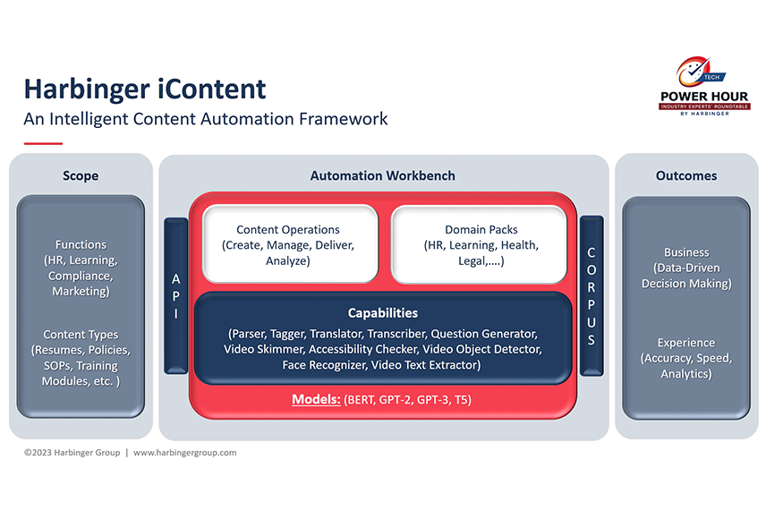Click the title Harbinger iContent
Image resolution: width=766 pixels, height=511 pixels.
click(x=144, y=89)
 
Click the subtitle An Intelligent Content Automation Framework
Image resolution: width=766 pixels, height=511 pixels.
click(x=206, y=118)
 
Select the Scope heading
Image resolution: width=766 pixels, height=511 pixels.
click(x=81, y=176)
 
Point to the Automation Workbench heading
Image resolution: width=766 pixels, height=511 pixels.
click(x=382, y=176)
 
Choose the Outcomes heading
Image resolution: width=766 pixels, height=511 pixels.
click(x=686, y=176)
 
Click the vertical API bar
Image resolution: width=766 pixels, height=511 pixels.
click(x=176, y=294)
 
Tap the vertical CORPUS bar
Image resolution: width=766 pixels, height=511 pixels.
click(x=591, y=294)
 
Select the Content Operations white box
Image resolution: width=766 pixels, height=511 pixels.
click(x=287, y=244)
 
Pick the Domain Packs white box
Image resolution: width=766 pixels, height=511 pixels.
click(x=480, y=244)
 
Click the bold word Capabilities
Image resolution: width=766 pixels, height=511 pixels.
click(x=382, y=313)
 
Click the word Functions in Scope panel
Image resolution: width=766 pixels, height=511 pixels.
click(x=81, y=244)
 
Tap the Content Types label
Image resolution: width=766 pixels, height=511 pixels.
click(x=81, y=335)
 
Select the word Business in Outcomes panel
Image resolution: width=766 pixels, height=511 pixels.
click(x=686, y=252)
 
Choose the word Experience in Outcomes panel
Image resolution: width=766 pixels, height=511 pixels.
click(x=686, y=343)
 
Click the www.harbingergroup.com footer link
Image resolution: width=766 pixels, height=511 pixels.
click(x=184, y=453)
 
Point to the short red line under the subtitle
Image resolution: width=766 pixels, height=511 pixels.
click(x=43, y=143)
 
